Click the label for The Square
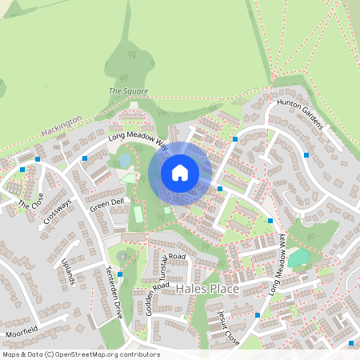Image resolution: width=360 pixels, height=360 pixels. point(128,92)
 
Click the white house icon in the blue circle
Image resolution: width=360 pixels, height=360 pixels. point(180,172)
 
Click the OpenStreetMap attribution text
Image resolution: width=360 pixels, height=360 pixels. point(81,354)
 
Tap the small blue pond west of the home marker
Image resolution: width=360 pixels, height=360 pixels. point(125,160)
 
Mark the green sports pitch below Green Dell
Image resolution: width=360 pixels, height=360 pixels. point(138,214)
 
